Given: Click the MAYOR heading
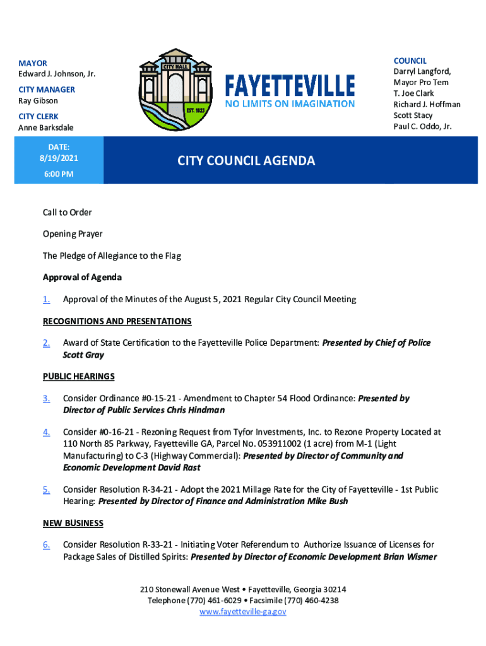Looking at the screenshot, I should point(33,64).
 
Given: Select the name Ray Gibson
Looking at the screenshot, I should point(38,101).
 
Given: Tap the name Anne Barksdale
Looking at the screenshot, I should point(46,128).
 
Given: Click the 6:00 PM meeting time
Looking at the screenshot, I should point(59,173).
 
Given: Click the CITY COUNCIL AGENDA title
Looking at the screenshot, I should point(246,161).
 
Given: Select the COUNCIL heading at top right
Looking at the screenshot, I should point(410,61).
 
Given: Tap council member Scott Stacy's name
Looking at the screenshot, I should point(413,115).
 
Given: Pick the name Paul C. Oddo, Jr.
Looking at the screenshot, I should point(422,126).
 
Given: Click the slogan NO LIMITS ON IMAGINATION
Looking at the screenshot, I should point(290,103).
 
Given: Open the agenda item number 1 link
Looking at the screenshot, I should point(47,300).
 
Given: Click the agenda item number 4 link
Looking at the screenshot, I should point(47,432).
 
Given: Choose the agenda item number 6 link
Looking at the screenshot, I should point(47,544).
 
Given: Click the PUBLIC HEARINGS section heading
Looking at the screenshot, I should point(78,377).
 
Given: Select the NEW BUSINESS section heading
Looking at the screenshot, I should point(73,523).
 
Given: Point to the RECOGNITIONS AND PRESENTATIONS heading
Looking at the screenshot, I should point(117,322).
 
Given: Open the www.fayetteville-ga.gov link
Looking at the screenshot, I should point(243,612).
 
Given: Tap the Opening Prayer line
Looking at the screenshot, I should point(73,234).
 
